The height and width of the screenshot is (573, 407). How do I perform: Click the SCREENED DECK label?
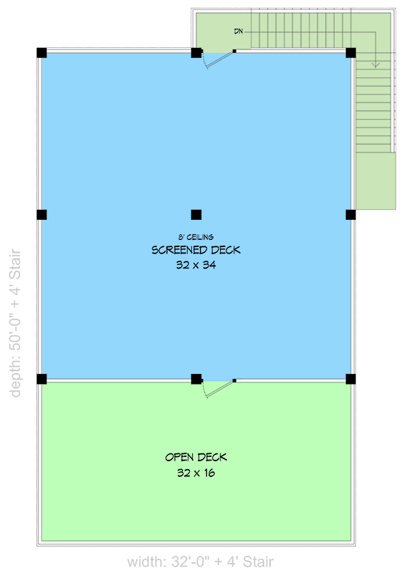tap(196, 250)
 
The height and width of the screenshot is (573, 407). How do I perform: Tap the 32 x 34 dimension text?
tap(196, 264)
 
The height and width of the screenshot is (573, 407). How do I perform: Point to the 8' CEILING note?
tap(196, 237)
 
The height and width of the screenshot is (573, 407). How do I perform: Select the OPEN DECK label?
tap(196, 457)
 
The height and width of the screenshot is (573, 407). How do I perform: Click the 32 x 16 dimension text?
tap(196, 473)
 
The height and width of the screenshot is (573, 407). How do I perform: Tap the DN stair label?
tap(238, 32)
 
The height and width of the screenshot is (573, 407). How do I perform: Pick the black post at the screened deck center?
tap(196, 214)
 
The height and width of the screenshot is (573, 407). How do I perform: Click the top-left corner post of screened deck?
tap(42, 52)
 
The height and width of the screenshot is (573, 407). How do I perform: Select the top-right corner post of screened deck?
tap(351, 52)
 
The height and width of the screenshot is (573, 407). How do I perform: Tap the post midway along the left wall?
tap(42, 214)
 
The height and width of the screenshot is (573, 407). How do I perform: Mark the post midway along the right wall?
tap(351, 214)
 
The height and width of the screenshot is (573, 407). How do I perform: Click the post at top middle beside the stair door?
tap(196, 52)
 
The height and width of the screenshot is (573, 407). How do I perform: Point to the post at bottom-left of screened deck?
tap(42, 379)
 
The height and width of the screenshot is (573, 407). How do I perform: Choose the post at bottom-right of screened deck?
tap(351, 379)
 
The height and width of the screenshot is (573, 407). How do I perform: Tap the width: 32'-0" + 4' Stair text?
tap(200, 562)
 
